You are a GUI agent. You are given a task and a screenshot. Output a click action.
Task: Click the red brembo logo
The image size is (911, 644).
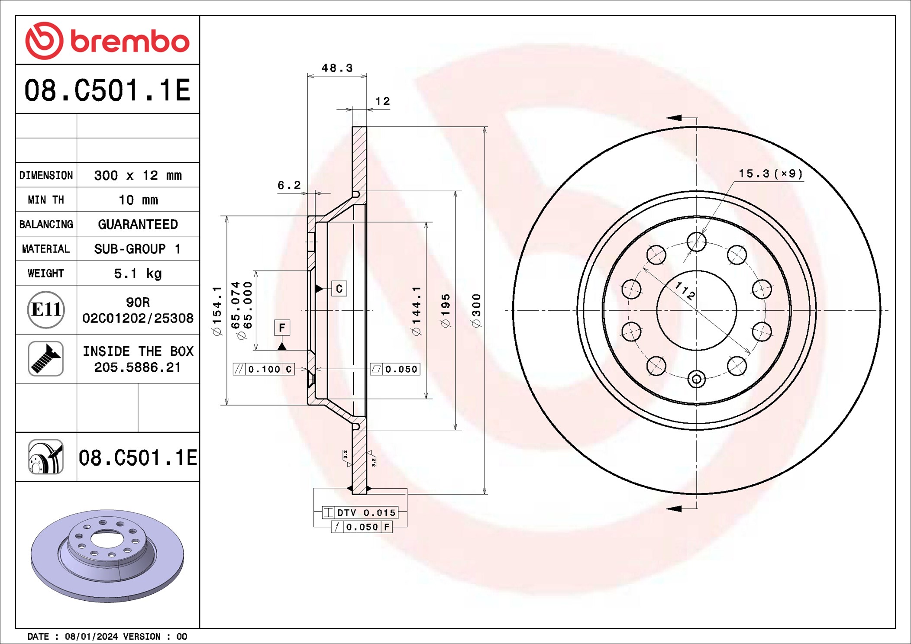tap(107, 41)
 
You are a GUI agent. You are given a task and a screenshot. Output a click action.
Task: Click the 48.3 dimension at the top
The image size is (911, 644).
tap(337, 68)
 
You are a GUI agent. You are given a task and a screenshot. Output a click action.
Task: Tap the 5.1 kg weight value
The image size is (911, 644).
tap(138, 273)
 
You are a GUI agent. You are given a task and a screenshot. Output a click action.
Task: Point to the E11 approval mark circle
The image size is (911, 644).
tap(46, 309)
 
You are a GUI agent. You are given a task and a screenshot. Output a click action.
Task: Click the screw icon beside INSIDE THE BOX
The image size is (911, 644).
tap(46, 358)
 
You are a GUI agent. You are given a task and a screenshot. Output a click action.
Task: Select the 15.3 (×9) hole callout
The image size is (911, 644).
tap(770, 174)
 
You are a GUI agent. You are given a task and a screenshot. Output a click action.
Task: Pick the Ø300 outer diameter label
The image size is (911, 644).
tap(476, 310)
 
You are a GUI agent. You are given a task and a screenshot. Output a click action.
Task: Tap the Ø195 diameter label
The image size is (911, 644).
tap(446, 310)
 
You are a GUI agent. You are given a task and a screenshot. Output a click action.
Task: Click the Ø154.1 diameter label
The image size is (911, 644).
tap(217, 310)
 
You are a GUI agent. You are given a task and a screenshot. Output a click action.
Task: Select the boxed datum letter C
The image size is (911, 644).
tap(339, 289)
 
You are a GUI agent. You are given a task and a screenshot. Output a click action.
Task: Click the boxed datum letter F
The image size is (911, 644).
tap(282, 328)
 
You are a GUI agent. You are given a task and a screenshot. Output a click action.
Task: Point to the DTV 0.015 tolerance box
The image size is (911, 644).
tap(360, 512)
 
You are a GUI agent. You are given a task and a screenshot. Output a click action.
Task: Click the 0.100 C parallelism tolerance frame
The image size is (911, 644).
tap(264, 369)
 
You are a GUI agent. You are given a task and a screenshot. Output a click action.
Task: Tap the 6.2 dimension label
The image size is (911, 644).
tap(289, 185)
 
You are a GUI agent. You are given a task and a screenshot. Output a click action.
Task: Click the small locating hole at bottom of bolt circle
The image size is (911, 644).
tap(696, 379)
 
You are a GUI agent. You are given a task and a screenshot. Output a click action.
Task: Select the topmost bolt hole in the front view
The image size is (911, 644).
tap(696, 241)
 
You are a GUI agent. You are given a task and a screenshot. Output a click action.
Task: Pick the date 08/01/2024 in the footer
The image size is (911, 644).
tap(91, 636)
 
